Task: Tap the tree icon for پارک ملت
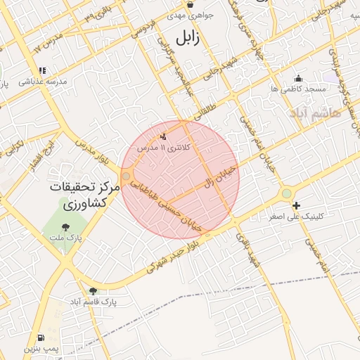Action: [x=65, y=227]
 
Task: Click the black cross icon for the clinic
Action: [x=296, y=206]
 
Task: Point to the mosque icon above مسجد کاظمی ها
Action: [x=298, y=78]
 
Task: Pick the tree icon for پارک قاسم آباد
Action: [x=93, y=290]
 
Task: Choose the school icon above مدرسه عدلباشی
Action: [x=42, y=70]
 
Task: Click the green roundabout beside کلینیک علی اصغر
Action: [x=286, y=193]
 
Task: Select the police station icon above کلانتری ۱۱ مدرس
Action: [x=164, y=136]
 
